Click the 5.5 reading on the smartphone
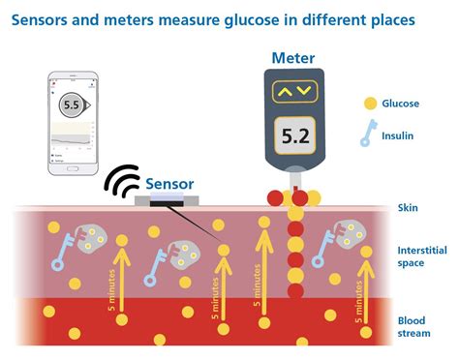[71, 105]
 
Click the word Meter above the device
[294, 58]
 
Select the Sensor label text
[170, 182]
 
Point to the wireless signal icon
[122, 181]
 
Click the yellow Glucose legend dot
[368, 104]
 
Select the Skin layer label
[407, 207]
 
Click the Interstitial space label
[421, 256]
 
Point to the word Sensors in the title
[48, 18]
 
